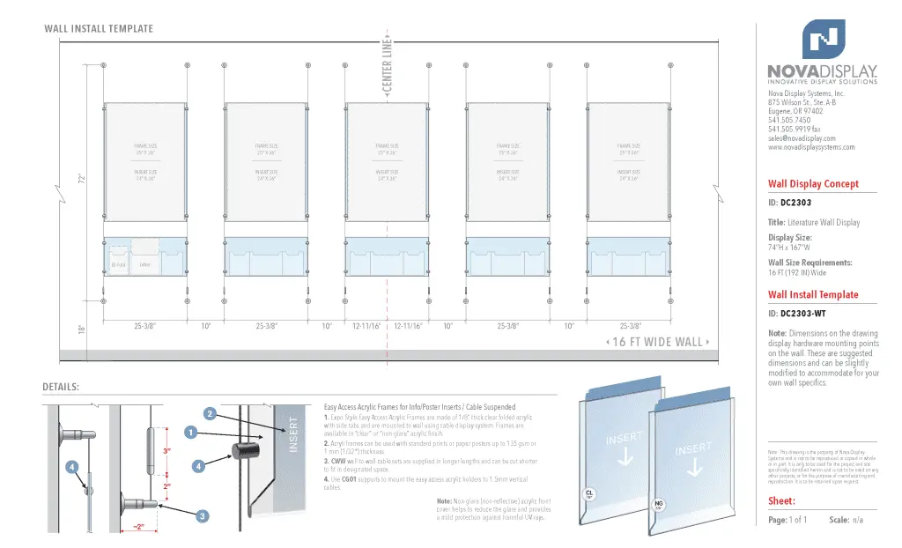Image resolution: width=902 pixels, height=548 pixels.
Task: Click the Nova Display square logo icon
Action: click(823, 39)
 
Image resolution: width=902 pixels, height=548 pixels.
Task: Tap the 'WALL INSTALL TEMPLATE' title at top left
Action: click(99, 29)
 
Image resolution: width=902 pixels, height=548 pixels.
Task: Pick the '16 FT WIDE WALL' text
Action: click(659, 342)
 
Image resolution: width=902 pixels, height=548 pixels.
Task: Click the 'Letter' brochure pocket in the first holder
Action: click(144, 264)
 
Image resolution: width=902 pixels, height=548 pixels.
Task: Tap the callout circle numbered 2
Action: click(210, 413)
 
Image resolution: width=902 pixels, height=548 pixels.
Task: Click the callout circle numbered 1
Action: click(189, 432)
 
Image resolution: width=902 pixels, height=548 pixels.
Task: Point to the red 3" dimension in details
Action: click(166, 451)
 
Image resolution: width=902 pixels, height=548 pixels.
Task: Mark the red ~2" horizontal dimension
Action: click(139, 527)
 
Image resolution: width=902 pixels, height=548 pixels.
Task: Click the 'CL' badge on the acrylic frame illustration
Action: click(589, 494)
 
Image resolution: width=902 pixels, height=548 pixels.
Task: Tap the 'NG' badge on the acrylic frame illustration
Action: click(657, 505)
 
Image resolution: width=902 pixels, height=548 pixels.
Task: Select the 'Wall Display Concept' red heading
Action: click(813, 184)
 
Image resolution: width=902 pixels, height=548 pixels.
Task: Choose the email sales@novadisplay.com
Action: click(802, 138)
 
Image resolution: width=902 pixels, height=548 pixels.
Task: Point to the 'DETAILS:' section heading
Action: click(61, 387)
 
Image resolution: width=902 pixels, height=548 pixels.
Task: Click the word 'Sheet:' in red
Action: click(782, 500)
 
